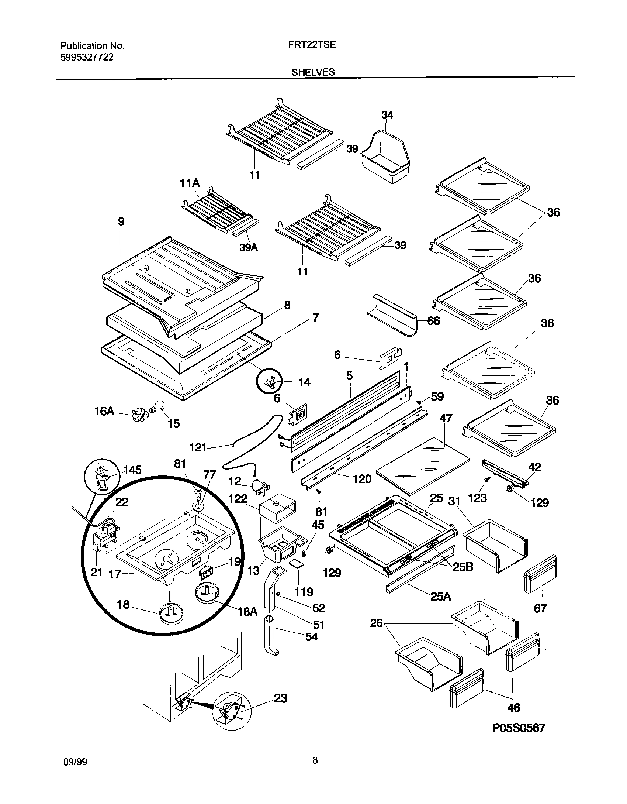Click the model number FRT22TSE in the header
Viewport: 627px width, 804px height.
click(312, 45)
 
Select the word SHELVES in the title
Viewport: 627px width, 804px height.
click(313, 72)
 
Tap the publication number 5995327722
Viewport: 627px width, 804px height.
click(87, 57)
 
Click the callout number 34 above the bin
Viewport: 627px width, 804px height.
click(387, 116)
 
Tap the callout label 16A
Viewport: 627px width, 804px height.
click(104, 411)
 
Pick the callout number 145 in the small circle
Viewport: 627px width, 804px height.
click(132, 470)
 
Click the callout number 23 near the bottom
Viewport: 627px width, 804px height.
click(280, 698)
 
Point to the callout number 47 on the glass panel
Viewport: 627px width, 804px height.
click(446, 418)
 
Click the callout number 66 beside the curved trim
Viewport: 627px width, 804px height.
click(433, 321)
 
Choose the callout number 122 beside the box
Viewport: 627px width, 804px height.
click(238, 499)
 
